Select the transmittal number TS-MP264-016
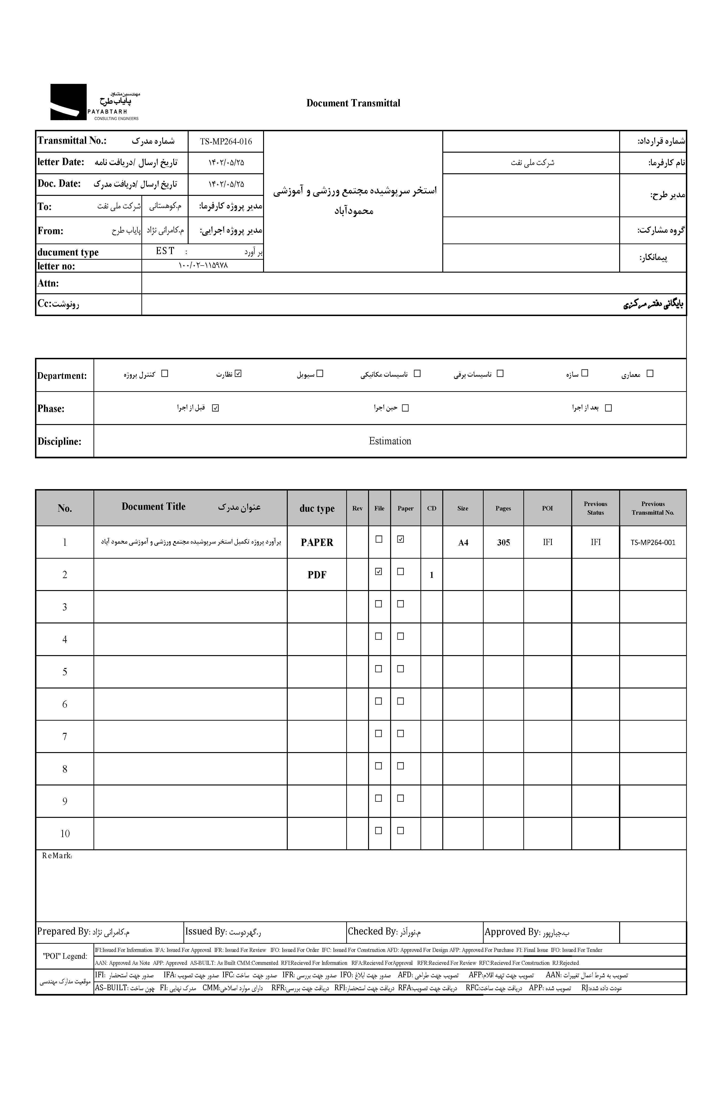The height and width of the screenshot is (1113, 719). click(226, 141)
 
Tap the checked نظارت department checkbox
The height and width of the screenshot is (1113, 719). click(238, 373)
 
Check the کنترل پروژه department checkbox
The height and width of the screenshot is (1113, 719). click(164, 373)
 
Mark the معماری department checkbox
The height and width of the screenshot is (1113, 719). click(649, 373)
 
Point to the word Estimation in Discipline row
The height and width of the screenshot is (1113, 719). click(390, 441)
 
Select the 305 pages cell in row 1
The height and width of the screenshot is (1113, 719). click(503, 542)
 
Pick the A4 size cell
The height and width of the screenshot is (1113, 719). click(463, 542)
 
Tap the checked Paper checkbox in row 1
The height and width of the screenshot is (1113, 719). click(400, 539)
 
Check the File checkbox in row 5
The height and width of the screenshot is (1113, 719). click(379, 669)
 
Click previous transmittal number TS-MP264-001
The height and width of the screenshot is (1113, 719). click(653, 542)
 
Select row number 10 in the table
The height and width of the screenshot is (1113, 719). click(65, 834)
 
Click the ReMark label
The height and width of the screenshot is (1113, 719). click(57, 856)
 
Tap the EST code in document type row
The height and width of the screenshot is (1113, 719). click(165, 251)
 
